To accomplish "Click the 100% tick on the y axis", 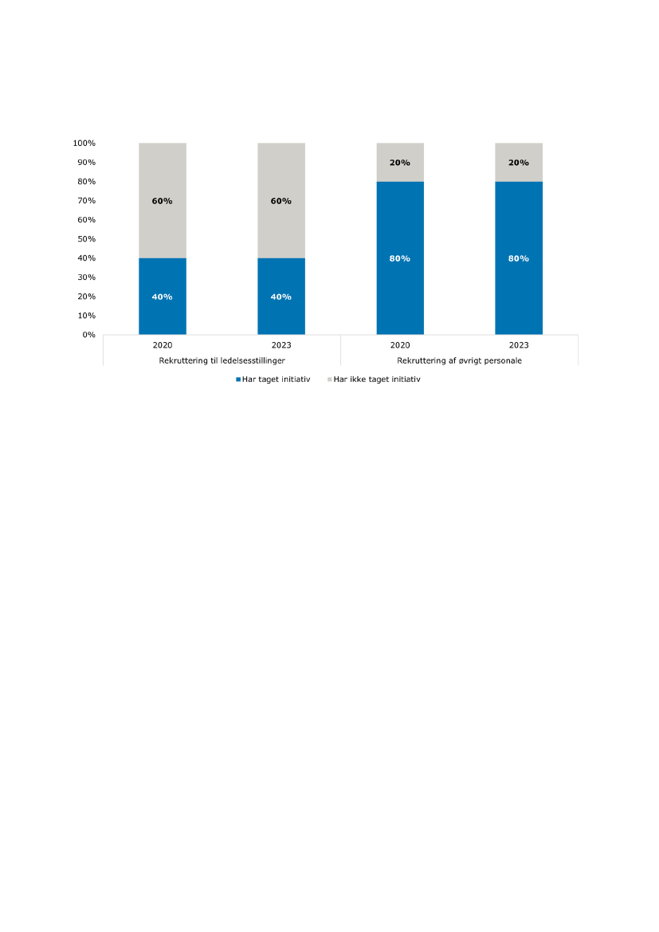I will coord(84,144).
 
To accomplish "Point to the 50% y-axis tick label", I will coord(86,239).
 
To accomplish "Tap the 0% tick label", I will coord(88,335).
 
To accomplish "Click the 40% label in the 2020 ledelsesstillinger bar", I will coord(162,297).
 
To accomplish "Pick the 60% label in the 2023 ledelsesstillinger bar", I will coord(281,201).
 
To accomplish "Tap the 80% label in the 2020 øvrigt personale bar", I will coord(400,258).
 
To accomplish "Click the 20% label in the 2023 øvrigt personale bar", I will coord(519,163).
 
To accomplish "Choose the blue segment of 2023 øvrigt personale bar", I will coord(519,287).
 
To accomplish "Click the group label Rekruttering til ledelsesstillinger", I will coord(222,360).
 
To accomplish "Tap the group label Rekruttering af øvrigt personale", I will coord(459,360).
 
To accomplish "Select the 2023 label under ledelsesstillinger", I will coord(281,346).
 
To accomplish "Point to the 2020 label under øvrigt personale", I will coord(400,346).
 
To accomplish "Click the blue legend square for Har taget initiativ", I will coord(238,379).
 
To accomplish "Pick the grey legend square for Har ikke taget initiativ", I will coord(330,379).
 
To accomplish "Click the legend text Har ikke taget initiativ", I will coord(377,379).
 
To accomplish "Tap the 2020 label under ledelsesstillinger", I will coord(162,346).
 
